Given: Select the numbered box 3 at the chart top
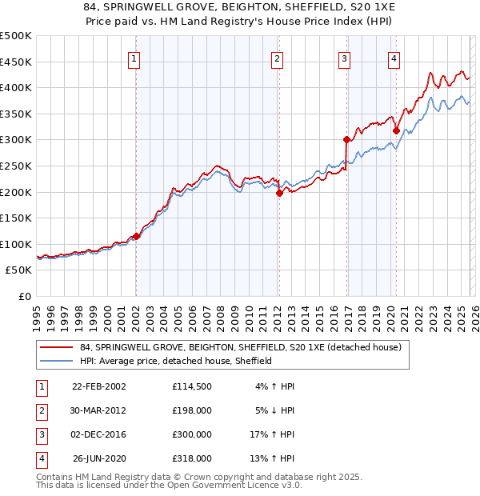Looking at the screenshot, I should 344,58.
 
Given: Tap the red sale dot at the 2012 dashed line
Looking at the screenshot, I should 279,193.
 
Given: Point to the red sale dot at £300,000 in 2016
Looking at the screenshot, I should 346,139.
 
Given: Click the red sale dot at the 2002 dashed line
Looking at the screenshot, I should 136,236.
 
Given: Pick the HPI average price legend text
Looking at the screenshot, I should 176,361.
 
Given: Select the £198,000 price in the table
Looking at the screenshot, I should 191,410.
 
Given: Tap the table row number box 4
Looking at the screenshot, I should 41,459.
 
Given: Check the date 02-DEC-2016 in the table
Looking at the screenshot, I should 98,434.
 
